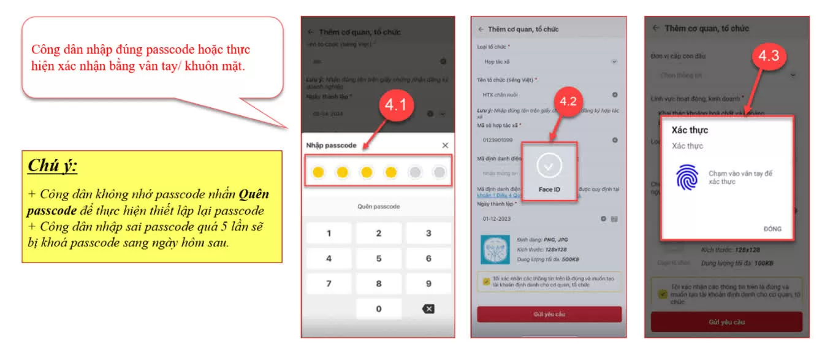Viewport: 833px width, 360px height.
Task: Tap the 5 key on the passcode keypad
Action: point(378,258)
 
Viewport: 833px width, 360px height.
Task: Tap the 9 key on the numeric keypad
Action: point(428,283)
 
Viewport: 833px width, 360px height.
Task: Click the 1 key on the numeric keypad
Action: point(329,233)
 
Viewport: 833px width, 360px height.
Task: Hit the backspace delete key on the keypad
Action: point(428,308)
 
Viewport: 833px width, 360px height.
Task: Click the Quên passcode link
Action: point(378,207)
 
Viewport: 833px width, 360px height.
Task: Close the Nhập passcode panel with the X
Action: point(445,145)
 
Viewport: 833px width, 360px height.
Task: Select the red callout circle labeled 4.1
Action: point(395,105)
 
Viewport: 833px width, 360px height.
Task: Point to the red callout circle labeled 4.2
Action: point(568,102)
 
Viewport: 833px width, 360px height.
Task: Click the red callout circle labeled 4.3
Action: point(768,56)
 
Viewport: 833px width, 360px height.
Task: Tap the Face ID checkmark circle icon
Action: point(549,166)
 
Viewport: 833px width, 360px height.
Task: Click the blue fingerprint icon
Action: point(687,177)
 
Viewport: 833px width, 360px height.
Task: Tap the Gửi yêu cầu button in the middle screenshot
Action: point(549,314)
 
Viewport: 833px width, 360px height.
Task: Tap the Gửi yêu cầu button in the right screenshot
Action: point(726,322)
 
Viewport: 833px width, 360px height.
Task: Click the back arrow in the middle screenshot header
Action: point(481,29)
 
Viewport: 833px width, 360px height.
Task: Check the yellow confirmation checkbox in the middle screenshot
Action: point(486,281)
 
